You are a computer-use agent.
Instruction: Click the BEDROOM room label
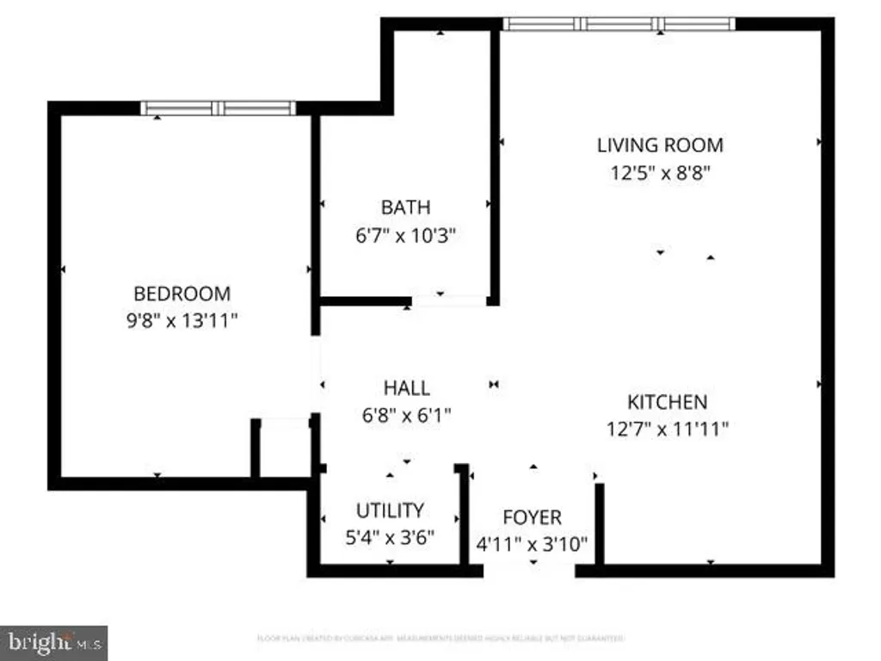click(x=182, y=293)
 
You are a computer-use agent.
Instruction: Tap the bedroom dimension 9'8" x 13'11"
click(x=182, y=321)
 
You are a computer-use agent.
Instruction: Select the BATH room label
click(x=405, y=207)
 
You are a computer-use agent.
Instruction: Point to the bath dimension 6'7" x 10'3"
click(x=405, y=235)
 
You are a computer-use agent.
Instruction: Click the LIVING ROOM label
click(x=660, y=145)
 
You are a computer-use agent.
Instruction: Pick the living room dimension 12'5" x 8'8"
click(x=660, y=172)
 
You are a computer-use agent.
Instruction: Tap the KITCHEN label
click(x=667, y=401)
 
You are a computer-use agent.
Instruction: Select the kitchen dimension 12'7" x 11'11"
click(x=667, y=429)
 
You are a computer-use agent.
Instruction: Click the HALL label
click(x=406, y=388)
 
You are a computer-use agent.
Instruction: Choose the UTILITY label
click(x=390, y=510)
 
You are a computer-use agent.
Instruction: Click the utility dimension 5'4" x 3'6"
click(x=390, y=537)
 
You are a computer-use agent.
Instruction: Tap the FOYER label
click(x=532, y=517)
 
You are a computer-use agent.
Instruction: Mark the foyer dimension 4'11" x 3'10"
click(x=532, y=544)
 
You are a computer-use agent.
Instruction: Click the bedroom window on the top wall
click(x=219, y=108)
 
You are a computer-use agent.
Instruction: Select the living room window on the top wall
click(x=619, y=24)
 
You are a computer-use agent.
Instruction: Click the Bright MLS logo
click(x=53, y=642)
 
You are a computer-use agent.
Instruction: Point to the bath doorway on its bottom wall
click(x=448, y=301)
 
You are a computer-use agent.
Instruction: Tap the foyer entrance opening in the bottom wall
click(x=529, y=570)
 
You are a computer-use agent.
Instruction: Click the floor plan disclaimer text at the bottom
click(x=440, y=639)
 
